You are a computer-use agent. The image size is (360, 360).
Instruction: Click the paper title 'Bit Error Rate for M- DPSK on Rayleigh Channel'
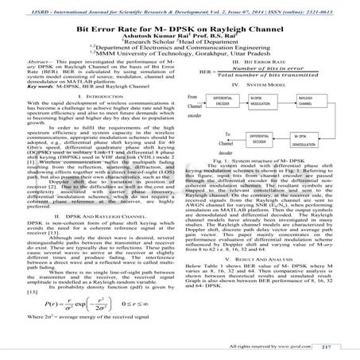pyautogui.click(x=180, y=26)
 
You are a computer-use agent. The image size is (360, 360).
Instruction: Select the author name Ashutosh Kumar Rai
pyautogui.click(x=159, y=37)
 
